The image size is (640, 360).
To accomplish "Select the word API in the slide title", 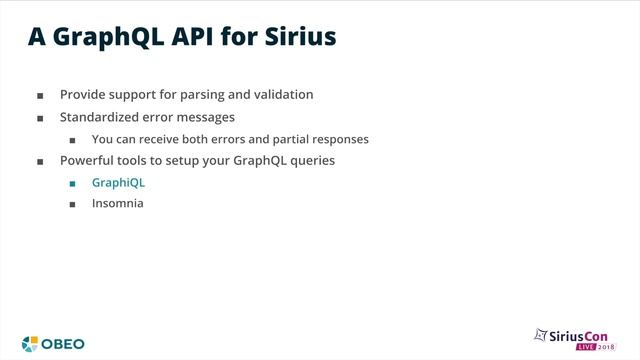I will click(x=200, y=37).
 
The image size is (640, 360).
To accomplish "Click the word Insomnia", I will click(x=117, y=203).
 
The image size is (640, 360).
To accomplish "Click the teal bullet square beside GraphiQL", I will click(x=72, y=184).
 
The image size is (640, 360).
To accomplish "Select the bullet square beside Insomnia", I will click(x=72, y=204).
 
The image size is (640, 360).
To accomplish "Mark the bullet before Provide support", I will click(x=40, y=96).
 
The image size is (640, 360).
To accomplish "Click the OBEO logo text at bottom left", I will click(x=63, y=344).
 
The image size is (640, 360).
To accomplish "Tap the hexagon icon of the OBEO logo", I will click(x=31, y=344).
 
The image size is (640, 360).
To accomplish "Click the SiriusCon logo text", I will click(x=584, y=335).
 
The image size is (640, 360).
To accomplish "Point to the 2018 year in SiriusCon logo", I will click(x=608, y=348).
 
